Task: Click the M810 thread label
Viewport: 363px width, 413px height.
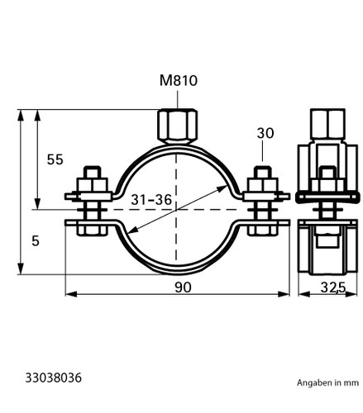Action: [x=179, y=81]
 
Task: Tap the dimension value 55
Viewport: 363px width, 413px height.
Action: [x=55, y=159]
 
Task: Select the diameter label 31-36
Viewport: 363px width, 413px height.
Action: [x=151, y=200]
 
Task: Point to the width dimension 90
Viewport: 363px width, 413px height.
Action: [x=183, y=287]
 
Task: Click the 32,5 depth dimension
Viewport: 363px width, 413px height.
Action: [x=333, y=288]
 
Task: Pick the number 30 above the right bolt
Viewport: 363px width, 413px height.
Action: [x=265, y=133]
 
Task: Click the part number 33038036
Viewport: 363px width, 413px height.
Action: [x=54, y=377]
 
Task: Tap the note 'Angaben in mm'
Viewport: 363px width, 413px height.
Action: [x=327, y=382]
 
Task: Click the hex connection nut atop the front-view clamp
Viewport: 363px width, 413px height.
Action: [x=178, y=126]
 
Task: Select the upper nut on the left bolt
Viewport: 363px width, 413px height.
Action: [x=93, y=185]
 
